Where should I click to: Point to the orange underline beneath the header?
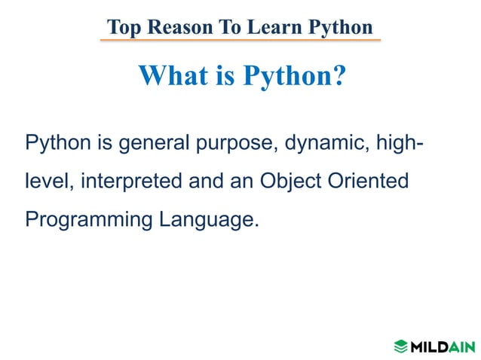[240, 40]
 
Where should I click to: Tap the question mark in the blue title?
[337, 75]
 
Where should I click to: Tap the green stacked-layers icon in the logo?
[400, 346]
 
